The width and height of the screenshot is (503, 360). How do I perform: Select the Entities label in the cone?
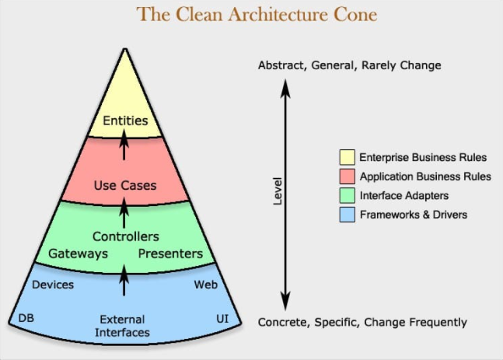click(125, 121)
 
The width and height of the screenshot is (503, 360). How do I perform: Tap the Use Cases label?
click(125, 185)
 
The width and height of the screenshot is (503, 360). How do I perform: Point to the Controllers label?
click(125, 236)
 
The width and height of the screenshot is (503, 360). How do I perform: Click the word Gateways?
click(79, 253)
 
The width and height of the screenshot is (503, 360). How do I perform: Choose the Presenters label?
click(170, 253)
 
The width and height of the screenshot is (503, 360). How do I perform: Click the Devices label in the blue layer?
click(53, 285)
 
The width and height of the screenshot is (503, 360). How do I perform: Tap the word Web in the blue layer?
click(204, 285)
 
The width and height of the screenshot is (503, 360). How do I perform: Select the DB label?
click(25, 320)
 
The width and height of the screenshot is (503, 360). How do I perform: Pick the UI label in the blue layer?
click(222, 320)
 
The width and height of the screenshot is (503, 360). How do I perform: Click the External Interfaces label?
click(122, 326)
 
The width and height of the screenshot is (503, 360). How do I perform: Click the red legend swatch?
click(347, 177)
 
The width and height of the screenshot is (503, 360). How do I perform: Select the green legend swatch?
click(347, 196)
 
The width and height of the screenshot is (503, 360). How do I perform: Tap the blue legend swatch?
click(347, 215)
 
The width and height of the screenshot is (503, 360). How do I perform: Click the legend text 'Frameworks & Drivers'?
click(414, 215)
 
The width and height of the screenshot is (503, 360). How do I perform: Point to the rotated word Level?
click(278, 191)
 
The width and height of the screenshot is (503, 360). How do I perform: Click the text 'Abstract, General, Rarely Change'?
click(349, 65)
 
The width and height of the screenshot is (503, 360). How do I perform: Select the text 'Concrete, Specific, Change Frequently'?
click(362, 322)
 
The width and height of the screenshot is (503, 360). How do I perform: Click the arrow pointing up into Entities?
click(124, 146)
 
